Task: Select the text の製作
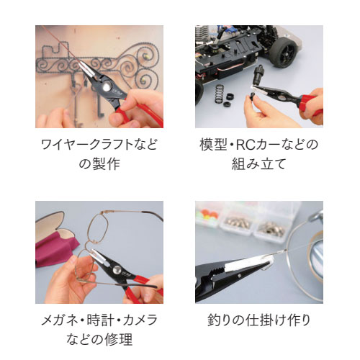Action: pos(99,164)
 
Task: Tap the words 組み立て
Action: pos(258,164)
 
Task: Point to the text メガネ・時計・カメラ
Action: pos(99,320)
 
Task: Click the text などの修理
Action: pos(99,339)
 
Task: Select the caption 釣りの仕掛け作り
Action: pos(258,320)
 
